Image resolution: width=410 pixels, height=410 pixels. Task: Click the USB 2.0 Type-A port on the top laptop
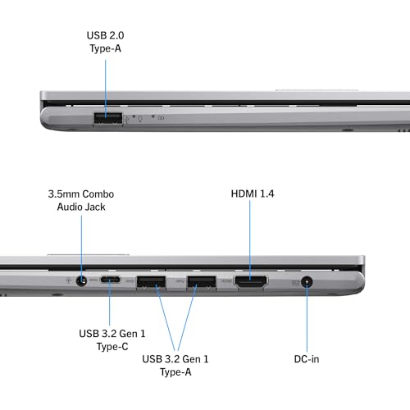108,119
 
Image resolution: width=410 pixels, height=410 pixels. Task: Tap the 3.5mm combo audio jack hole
81,280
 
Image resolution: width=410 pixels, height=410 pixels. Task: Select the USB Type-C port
111,280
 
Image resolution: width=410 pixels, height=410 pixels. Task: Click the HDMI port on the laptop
251,282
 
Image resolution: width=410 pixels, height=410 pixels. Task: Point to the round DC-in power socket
307,282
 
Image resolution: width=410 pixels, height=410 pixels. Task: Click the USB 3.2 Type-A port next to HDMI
202,282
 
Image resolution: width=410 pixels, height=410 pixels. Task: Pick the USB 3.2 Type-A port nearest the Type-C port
151,282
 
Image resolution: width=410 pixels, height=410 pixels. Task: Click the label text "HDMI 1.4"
253,194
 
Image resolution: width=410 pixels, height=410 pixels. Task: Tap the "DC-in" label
307,359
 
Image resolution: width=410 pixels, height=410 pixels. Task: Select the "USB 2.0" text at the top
105,35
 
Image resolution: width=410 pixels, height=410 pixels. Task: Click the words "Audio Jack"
81,207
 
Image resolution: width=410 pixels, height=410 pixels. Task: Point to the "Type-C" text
112,347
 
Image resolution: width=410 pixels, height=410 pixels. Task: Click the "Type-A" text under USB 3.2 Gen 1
175,372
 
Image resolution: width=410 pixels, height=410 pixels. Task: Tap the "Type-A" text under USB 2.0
105,48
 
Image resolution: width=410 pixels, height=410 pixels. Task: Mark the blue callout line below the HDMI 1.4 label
250,240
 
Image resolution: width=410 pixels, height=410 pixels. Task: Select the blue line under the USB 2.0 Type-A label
106,89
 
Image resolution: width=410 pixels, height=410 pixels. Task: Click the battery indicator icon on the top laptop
162,118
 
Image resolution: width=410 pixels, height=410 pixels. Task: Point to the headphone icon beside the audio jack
69,280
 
